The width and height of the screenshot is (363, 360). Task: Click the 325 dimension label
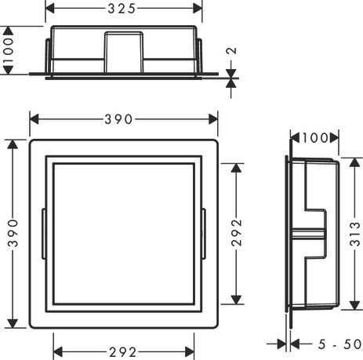pos(122,8)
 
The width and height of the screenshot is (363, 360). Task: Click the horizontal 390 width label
pos(124,118)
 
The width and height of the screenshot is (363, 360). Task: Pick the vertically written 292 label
pos(238,235)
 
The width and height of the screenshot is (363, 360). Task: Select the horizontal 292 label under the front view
pos(124,351)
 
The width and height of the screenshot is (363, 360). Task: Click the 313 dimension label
pos(355,235)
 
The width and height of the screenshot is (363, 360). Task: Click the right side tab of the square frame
pos(205,234)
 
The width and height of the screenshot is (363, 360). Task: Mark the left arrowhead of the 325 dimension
pos(49,8)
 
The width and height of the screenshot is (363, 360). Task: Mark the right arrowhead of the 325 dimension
pos(199,8)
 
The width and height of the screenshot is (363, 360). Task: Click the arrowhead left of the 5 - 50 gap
pos(283,343)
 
